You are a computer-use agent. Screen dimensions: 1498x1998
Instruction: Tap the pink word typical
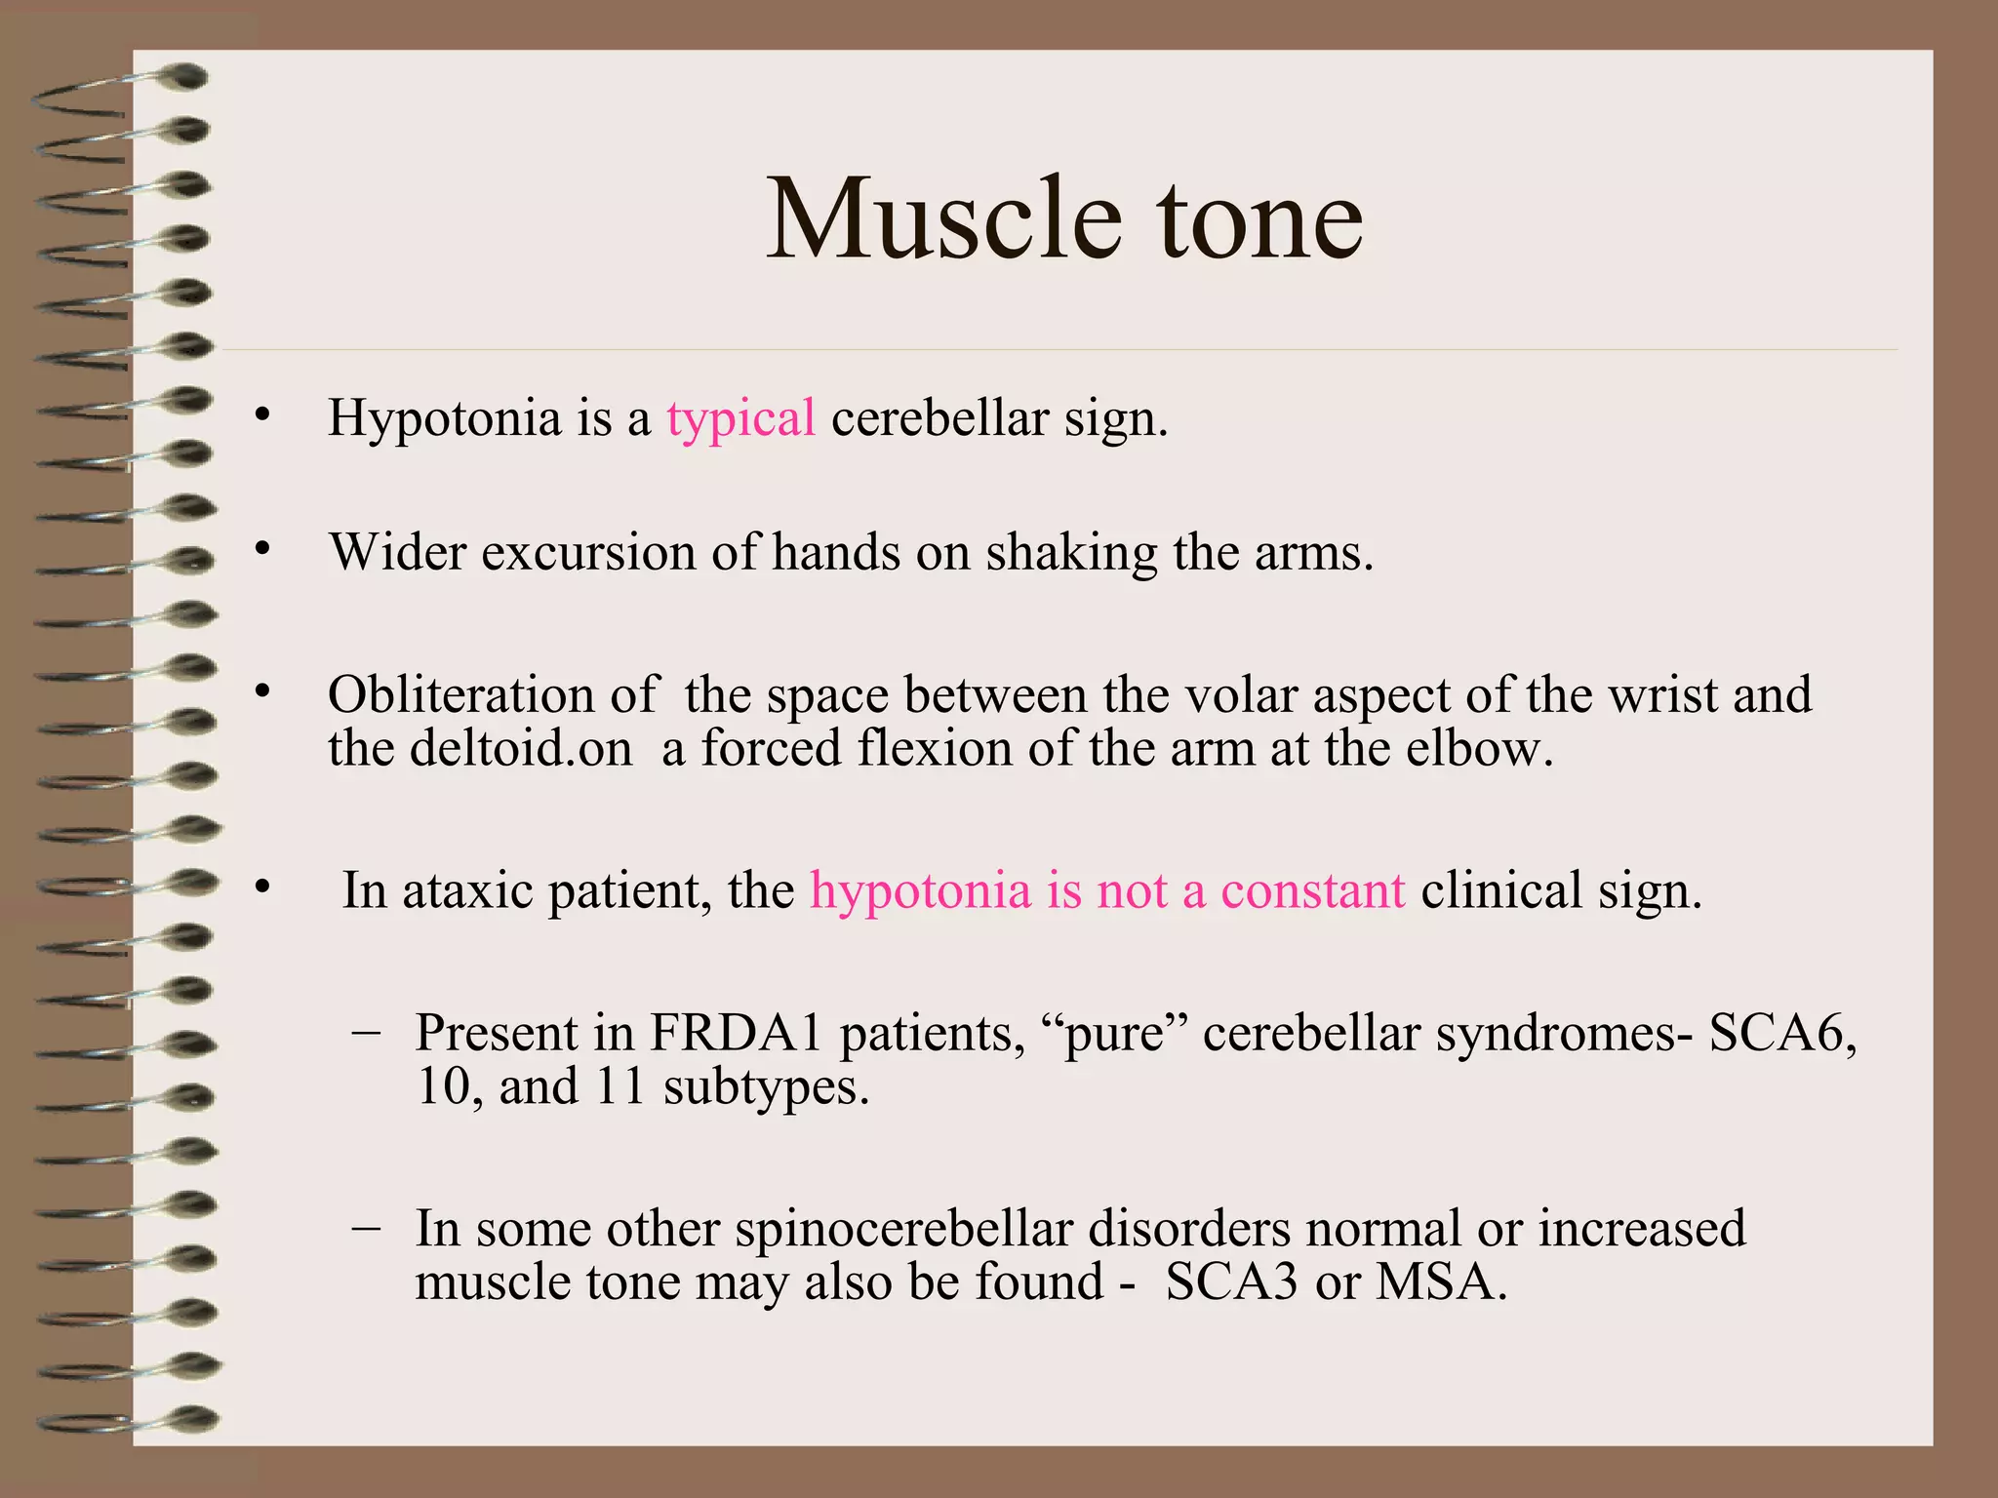coord(740,419)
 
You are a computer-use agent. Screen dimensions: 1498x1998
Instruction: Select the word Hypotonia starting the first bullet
coord(444,419)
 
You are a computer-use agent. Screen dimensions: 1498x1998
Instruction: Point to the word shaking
coord(1070,554)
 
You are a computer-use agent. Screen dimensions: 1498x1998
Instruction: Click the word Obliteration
coord(460,695)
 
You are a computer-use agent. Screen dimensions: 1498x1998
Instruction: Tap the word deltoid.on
coord(521,749)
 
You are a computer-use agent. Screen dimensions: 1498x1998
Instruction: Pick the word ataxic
coord(466,891)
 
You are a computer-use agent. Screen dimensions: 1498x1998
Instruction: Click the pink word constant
coord(1312,891)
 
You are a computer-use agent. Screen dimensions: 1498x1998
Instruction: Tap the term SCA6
coord(1781,1033)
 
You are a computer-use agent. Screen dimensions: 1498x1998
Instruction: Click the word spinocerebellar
coord(903,1229)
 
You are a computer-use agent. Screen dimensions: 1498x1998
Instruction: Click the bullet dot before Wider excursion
coord(261,550)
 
